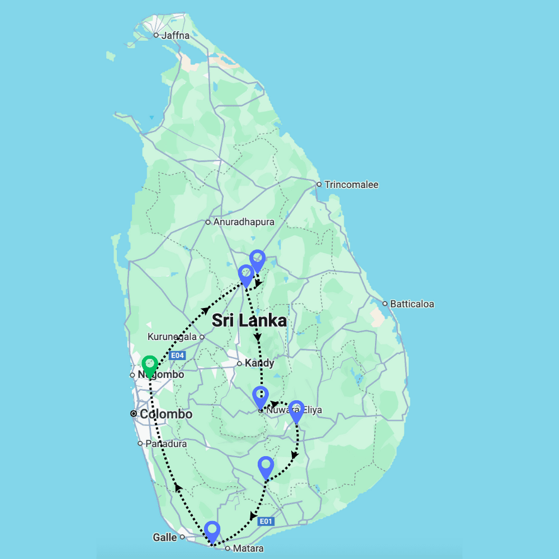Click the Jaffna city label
coord(175,36)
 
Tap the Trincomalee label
coord(351,184)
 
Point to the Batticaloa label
coord(412,304)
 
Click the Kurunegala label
coord(172,337)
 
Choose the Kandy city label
coord(259,363)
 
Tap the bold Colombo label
coord(166,414)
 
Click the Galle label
coord(164,537)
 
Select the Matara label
coord(249,548)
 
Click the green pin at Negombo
coord(149,366)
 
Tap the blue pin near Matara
coord(212,531)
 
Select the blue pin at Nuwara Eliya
coord(260,397)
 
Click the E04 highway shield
coord(177,356)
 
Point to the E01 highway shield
coord(266,522)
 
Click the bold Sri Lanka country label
coord(249,321)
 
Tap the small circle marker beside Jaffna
coord(156,36)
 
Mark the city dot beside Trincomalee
coord(319,184)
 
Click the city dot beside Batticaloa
coord(385,304)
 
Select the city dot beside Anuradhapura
coord(207,222)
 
